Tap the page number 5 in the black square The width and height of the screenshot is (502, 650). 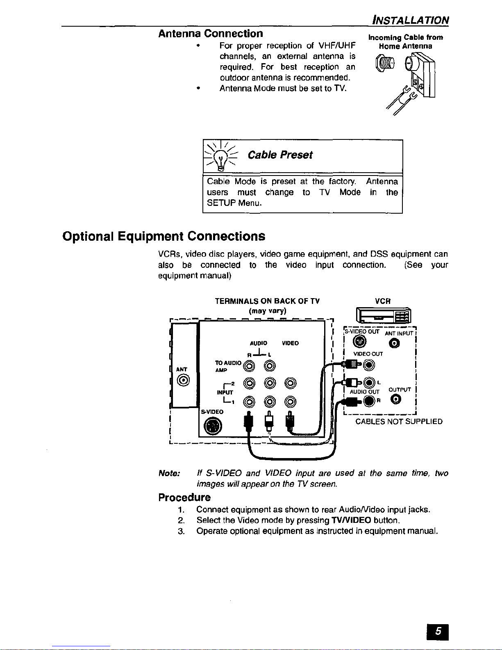click(x=438, y=632)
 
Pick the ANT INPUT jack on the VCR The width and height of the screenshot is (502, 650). click(x=394, y=343)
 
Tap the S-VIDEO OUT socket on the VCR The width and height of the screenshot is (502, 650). click(x=359, y=341)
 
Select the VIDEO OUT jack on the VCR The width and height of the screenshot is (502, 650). click(x=369, y=364)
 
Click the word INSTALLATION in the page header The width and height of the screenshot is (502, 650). click(x=410, y=20)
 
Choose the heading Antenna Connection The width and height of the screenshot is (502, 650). click(x=211, y=34)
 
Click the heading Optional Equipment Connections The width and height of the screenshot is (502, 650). click(x=164, y=237)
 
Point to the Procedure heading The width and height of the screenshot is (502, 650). click(x=184, y=497)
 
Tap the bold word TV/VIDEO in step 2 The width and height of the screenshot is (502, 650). click(x=351, y=520)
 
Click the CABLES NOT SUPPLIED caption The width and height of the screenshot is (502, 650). click(x=399, y=422)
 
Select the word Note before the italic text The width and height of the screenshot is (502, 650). click(x=169, y=474)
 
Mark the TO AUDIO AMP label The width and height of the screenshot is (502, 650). click(x=227, y=366)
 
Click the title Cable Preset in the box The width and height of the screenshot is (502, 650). click(x=280, y=155)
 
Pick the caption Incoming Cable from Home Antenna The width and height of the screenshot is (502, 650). click(x=406, y=42)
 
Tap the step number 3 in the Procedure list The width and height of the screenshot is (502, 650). click(x=181, y=531)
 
